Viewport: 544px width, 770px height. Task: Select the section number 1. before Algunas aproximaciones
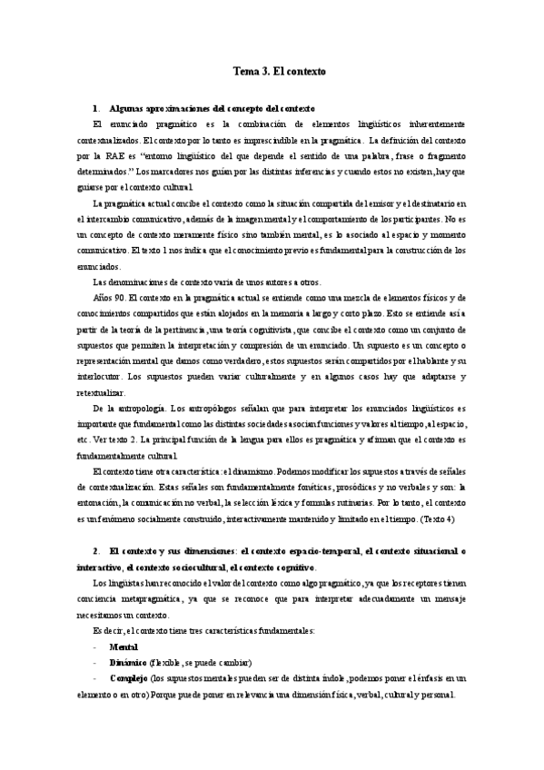[96, 107]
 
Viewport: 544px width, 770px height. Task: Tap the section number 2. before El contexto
[96, 550]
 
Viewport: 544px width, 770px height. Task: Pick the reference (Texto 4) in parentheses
[442, 518]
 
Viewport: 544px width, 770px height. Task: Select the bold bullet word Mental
[124, 621]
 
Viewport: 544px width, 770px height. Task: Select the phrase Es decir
[111, 606]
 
